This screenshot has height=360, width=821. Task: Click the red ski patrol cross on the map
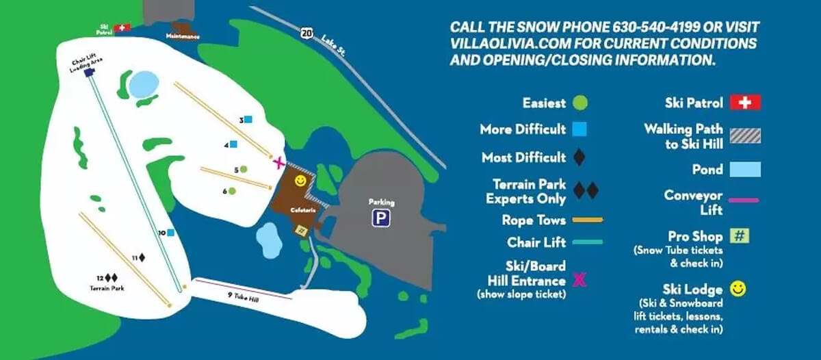click(122, 27)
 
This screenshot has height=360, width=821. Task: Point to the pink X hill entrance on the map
click(278, 163)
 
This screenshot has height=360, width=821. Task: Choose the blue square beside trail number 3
click(248, 119)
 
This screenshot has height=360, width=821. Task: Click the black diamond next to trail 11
click(142, 257)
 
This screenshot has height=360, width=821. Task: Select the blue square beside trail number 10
click(170, 233)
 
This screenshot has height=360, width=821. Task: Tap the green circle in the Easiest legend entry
click(580, 103)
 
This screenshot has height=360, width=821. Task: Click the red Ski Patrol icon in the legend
click(745, 103)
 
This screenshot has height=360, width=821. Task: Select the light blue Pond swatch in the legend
click(745, 168)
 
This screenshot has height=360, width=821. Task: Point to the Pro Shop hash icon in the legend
click(739, 236)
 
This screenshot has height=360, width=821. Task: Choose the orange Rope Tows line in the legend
click(587, 220)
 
